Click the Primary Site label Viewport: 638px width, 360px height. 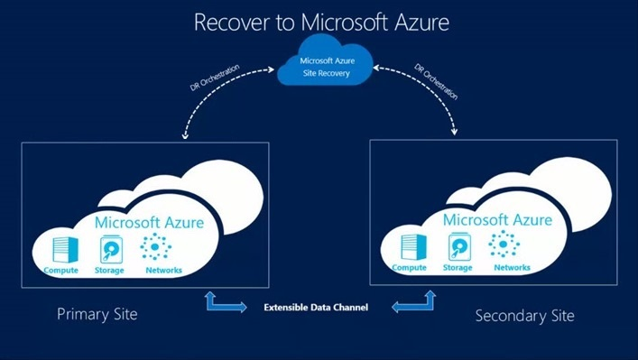tap(97, 314)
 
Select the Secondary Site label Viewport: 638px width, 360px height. tap(524, 316)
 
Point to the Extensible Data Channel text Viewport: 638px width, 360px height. tap(316, 308)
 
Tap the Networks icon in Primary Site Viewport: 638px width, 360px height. tap(159, 247)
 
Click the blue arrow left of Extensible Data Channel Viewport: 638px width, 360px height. tap(227, 303)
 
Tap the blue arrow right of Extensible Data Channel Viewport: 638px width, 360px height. tap(410, 304)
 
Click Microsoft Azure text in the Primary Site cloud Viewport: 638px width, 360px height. tap(150, 223)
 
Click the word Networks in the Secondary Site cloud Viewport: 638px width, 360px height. tap(512, 268)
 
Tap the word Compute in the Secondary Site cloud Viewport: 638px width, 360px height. tap(409, 268)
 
